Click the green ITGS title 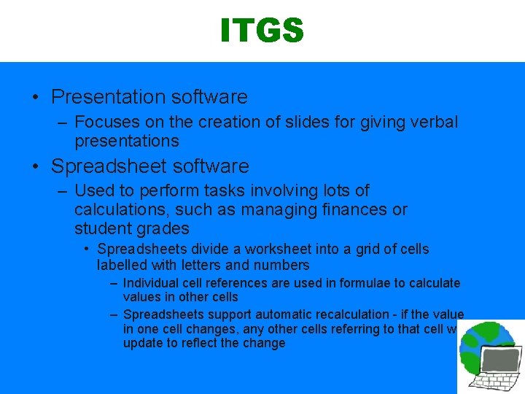point(262,31)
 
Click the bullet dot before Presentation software point(36,97)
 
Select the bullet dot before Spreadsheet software point(36,166)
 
